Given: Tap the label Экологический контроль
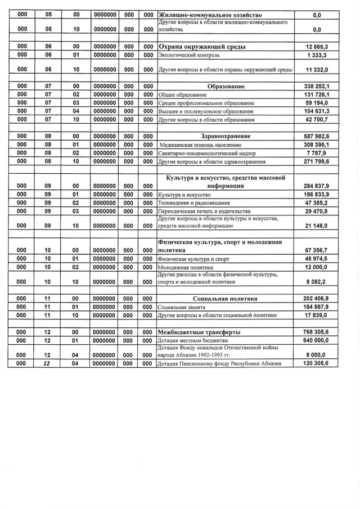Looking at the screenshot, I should [x=189, y=55].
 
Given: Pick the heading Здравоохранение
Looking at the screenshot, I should [x=226, y=136].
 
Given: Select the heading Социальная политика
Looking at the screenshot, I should [x=225, y=299].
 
